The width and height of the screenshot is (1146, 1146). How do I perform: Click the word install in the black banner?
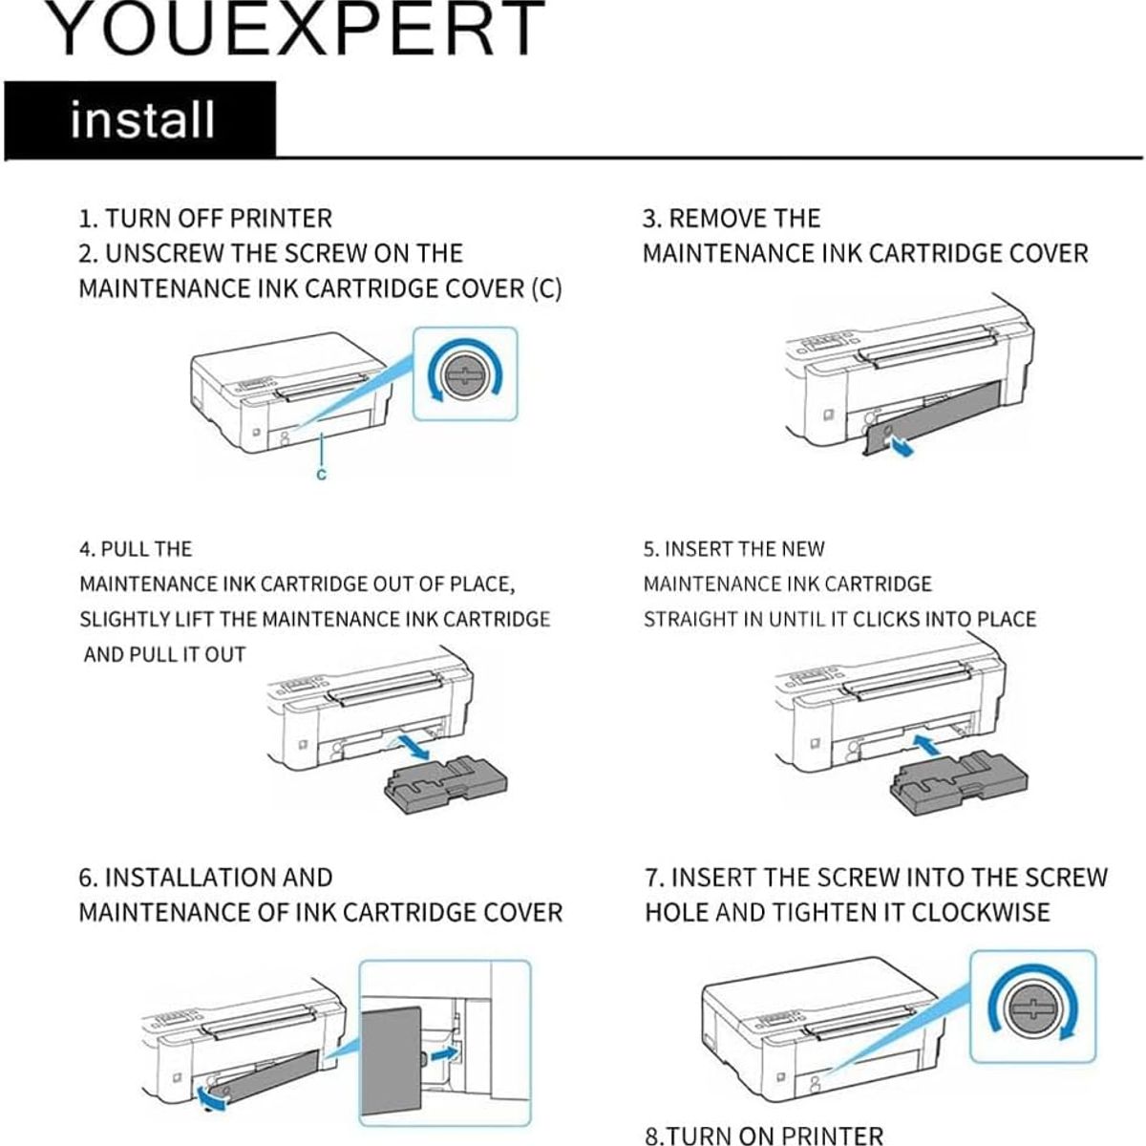point(141,120)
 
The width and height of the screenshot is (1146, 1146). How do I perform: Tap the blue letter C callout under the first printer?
point(322,475)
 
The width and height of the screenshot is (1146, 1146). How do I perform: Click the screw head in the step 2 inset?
point(464,372)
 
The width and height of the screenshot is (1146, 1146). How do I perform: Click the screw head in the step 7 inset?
point(1032,1008)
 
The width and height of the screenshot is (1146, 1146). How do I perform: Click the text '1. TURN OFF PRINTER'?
point(205,219)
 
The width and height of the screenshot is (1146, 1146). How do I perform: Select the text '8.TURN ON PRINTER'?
point(764,1135)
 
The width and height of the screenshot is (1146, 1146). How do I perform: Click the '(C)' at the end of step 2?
point(545,288)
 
